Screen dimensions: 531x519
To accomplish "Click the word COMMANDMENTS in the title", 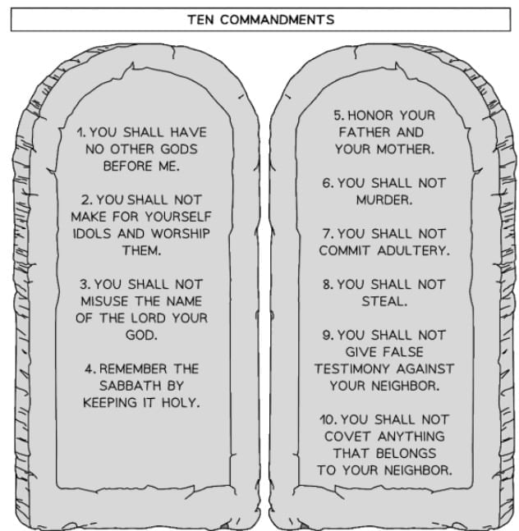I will [x=277, y=19].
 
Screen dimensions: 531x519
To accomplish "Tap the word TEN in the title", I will [x=201, y=19].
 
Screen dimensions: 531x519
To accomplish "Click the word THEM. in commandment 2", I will [x=141, y=250].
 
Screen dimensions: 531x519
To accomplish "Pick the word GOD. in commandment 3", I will [x=141, y=335].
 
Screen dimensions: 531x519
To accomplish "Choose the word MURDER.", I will [x=384, y=199].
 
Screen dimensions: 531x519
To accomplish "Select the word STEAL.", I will [x=384, y=301].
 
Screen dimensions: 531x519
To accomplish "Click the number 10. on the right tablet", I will [x=328, y=419].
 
